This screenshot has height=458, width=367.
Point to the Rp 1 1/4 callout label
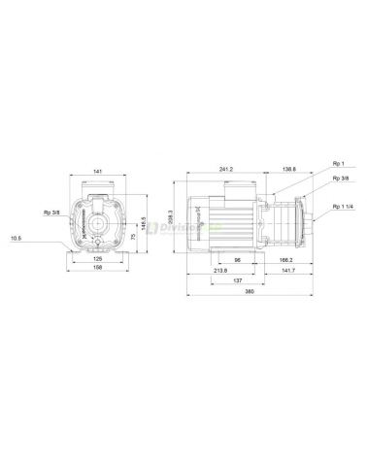pos(341,207)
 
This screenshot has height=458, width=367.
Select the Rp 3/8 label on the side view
pos(340,179)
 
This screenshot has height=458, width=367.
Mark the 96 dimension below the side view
pos(236,259)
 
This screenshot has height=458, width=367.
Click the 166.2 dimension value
pos(285,259)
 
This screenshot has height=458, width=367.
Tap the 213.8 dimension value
pos(221,270)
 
